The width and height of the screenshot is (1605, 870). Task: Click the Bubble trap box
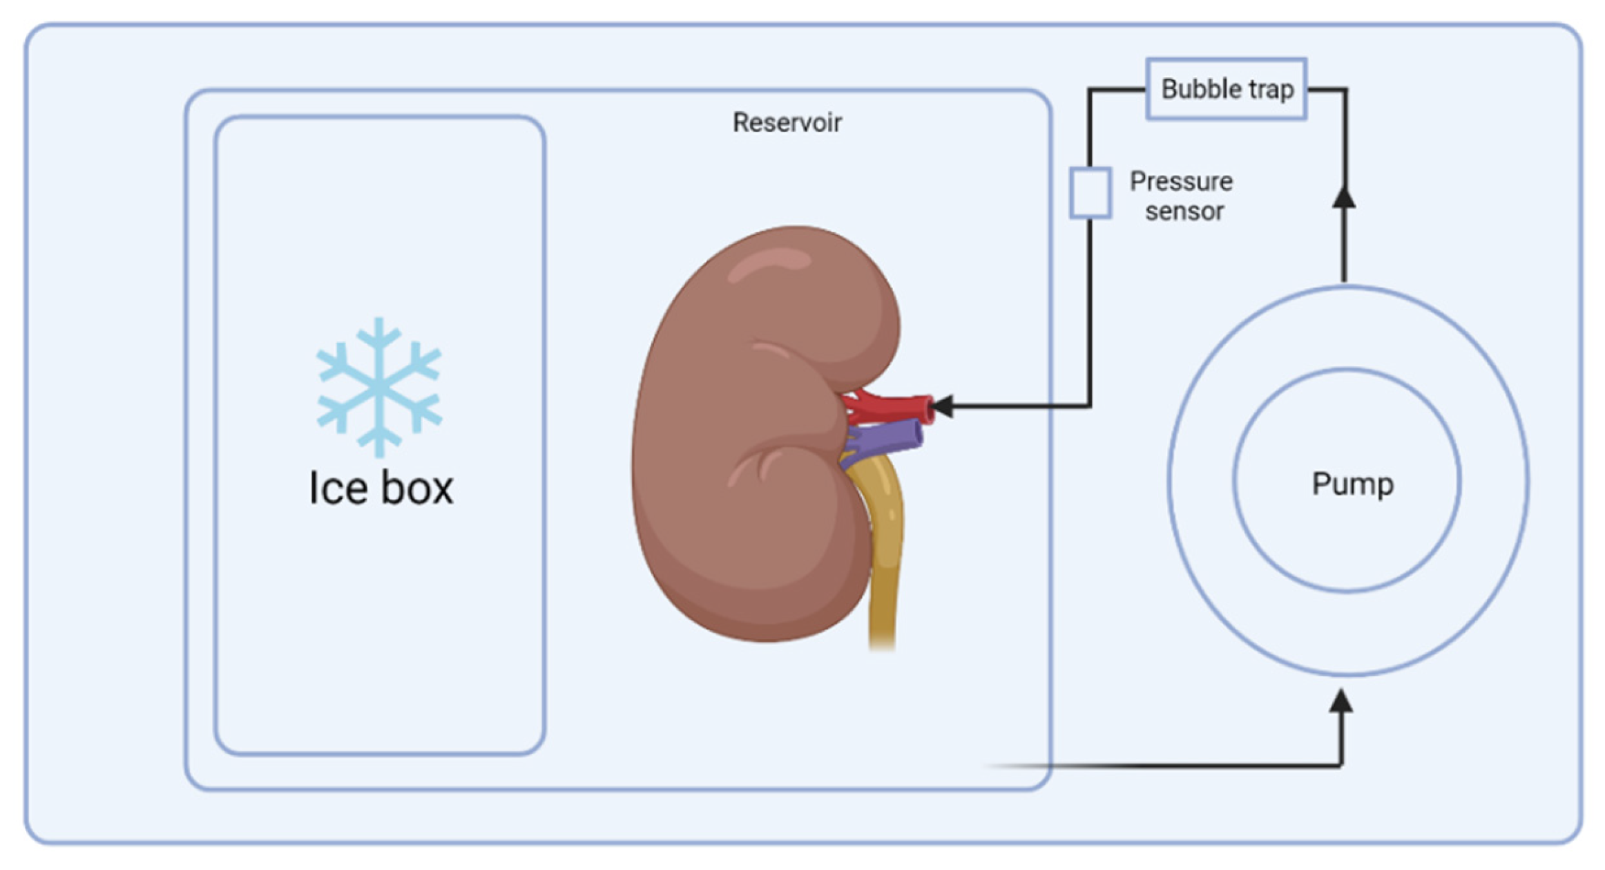(1226, 88)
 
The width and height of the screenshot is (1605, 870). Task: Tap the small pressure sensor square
(1090, 193)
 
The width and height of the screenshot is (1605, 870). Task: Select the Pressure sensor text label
(1182, 196)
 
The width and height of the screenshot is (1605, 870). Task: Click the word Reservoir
(787, 122)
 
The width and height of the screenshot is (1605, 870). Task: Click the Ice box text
(381, 488)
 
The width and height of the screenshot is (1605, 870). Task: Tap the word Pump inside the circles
(1352, 484)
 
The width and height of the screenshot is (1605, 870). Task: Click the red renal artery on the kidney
(898, 405)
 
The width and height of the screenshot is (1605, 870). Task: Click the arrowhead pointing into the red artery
(943, 406)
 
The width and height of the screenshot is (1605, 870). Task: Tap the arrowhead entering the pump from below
(1340, 702)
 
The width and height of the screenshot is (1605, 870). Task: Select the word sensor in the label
(1184, 211)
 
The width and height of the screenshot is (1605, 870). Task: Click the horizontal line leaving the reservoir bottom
(1174, 766)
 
